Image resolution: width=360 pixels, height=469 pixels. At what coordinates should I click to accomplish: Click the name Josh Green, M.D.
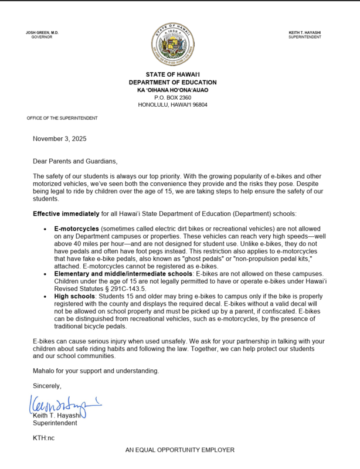pos(42,32)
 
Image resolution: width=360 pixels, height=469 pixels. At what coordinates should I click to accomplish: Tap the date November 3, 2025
pos(59,139)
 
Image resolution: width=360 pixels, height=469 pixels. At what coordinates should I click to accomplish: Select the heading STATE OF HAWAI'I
pos(172,74)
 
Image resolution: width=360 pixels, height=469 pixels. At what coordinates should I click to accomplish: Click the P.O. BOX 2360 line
pos(172,97)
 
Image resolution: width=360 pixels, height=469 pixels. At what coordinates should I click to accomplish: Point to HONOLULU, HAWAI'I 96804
pos(172,105)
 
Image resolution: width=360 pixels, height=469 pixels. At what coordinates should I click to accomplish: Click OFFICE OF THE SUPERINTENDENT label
pos(62,118)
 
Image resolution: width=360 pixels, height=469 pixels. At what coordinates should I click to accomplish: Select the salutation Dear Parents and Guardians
pos(75,161)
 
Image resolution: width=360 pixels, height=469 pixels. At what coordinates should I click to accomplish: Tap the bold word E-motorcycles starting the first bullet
pos(76,227)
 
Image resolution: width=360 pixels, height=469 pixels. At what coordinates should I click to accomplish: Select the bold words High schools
pos(74,297)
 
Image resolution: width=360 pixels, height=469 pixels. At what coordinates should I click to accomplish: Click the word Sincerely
pos(47,386)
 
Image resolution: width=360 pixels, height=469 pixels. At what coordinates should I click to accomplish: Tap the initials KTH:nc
pos(43,437)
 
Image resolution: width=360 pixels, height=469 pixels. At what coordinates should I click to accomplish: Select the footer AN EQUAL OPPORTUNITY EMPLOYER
pos(179,450)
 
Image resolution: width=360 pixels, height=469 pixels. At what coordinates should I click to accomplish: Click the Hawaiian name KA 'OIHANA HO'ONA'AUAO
pos(172,90)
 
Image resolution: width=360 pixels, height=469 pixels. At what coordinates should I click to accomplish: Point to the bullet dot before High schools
pos(45,297)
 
